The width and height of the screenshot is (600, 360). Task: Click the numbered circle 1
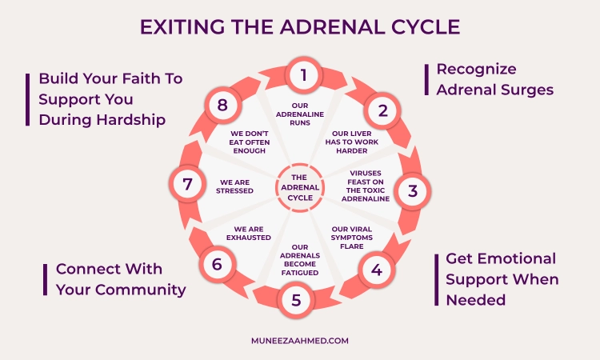click(x=303, y=76)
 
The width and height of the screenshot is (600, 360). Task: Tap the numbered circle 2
click(x=382, y=110)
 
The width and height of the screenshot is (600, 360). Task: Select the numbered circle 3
click(x=412, y=190)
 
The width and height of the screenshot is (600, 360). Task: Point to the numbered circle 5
click(x=296, y=301)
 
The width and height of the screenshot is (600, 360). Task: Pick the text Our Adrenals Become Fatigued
click(x=300, y=258)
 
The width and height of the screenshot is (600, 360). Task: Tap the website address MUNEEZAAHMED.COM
click(x=300, y=340)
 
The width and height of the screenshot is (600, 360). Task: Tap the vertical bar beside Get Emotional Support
click(x=437, y=279)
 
